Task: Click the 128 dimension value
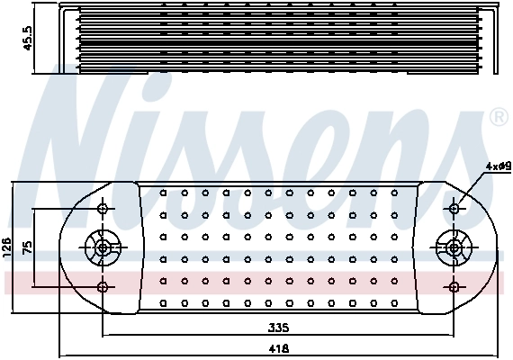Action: [x=8, y=247]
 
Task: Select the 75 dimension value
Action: [x=28, y=247]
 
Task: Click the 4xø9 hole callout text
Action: [x=497, y=166]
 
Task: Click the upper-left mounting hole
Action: [x=103, y=209]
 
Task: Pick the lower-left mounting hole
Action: [x=103, y=287]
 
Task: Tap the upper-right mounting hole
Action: [x=454, y=209]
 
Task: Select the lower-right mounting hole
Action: [x=454, y=287]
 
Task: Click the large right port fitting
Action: [x=453, y=247]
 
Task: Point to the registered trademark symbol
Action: [x=497, y=119]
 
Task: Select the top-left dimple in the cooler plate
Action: [x=163, y=193]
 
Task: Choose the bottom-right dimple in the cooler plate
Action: [x=396, y=302]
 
